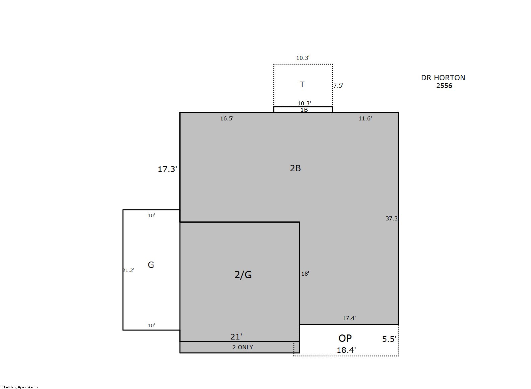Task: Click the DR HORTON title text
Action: (x=443, y=78)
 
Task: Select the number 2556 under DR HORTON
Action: (x=444, y=86)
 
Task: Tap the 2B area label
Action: (x=295, y=168)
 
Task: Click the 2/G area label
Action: (x=243, y=275)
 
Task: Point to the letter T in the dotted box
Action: (x=302, y=84)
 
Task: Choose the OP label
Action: (x=345, y=338)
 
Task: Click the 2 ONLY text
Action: (x=243, y=347)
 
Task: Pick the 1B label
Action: (x=304, y=110)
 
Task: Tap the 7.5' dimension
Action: (x=338, y=86)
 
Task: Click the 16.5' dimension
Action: (x=227, y=118)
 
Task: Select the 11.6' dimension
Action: (x=365, y=118)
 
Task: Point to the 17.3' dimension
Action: (x=168, y=169)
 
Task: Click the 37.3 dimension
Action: (x=391, y=218)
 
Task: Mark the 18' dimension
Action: (x=305, y=274)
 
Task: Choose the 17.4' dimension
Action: (x=349, y=318)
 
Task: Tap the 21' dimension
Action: (x=236, y=337)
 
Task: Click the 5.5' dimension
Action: (x=389, y=339)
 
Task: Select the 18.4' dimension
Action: (x=346, y=350)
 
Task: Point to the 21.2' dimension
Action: (x=129, y=270)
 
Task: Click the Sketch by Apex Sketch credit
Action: (x=20, y=387)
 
